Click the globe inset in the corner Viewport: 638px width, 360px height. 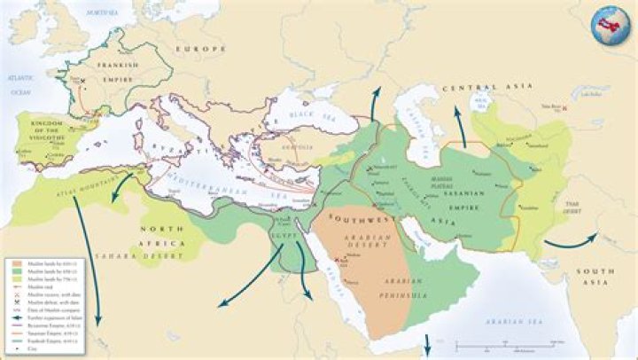click(x=610, y=22)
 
